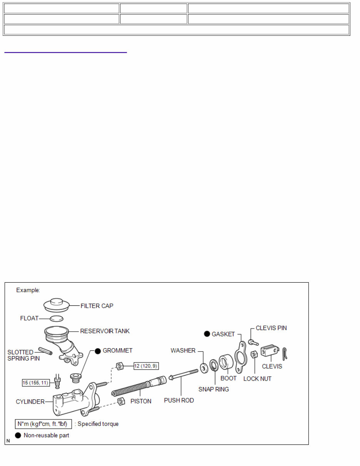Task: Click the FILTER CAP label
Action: click(x=97, y=306)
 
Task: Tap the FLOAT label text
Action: click(x=30, y=318)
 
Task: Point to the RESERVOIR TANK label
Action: click(x=105, y=331)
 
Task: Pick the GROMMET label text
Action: click(x=117, y=350)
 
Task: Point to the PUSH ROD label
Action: click(x=179, y=401)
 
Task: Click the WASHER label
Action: click(x=183, y=350)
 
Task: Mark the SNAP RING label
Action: click(x=214, y=389)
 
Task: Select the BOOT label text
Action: click(x=229, y=379)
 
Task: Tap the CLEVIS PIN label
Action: click(x=271, y=328)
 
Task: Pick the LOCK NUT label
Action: click(x=258, y=379)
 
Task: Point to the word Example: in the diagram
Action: click(x=28, y=290)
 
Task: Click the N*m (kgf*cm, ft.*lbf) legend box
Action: click(x=43, y=424)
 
